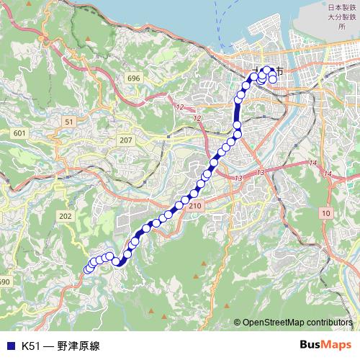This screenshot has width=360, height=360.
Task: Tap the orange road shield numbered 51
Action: (68, 122)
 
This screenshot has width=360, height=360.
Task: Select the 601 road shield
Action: (19, 133)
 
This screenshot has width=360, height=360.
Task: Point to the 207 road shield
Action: (127, 140)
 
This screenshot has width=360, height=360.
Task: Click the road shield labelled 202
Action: (66, 215)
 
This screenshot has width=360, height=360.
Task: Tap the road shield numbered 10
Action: (326, 212)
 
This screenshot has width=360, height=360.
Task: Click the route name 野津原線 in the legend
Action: (78, 346)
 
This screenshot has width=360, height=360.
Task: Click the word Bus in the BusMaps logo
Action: (310, 346)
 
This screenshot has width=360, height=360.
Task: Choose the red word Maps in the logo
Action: (337, 346)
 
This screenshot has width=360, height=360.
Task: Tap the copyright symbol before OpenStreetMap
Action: (238, 323)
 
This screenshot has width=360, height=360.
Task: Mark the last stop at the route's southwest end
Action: (87, 270)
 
